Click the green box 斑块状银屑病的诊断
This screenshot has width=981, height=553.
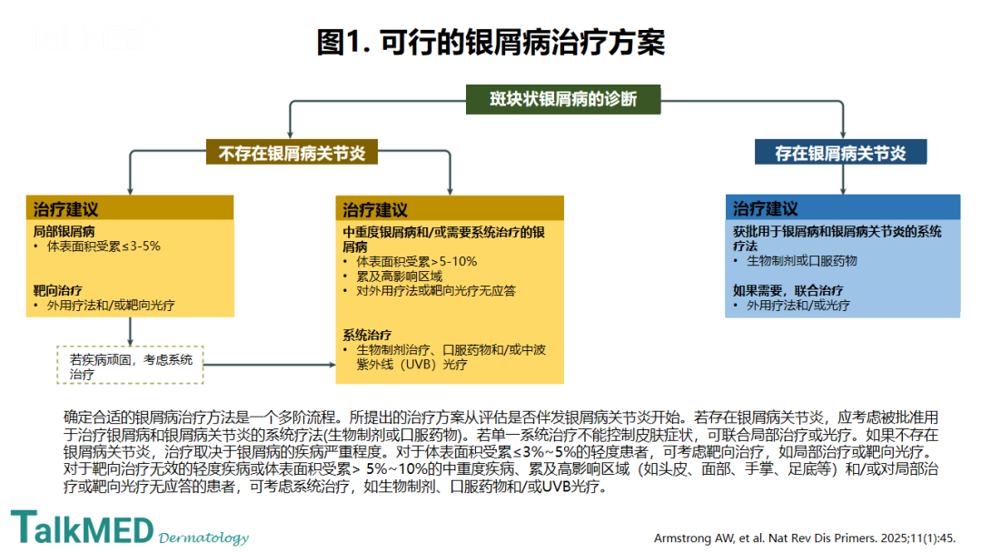pyautogui.click(x=563, y=99)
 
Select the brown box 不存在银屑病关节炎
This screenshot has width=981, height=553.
pyautogui.click(x=292, y=152)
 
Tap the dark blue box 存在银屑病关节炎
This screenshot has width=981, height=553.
pyautogui.click(x=840, y=152)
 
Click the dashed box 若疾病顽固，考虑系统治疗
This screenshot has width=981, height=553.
pyautogui.click(x=130, y=365)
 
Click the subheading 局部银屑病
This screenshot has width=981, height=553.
pyautogui.click(x=64, y=232)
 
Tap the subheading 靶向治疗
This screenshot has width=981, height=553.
pyautogui.click(x=57, y=290)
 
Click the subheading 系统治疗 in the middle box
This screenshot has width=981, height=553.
pyautogui.click(x=367, y=335)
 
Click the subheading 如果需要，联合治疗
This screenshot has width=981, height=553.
pyautogui.click(x=788, y=290)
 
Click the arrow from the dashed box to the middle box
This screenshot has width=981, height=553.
pyautogui.click(x=270, y=365)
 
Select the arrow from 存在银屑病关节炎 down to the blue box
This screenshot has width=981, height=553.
pyautogui.click(x=843, y=179)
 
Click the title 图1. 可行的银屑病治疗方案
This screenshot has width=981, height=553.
pyautogui.click(x=490, y=43)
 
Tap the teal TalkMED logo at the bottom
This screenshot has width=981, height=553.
pyautogui.click(x=82, y=528)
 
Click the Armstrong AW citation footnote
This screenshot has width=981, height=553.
pyautogui.click(x=805, y=538)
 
